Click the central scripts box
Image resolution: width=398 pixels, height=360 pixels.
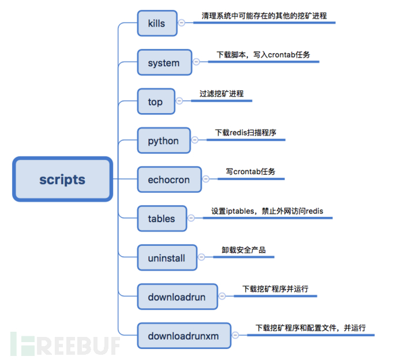point(62,179)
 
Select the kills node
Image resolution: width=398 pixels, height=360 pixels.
point(156,24)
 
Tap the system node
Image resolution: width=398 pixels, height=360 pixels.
point(164,62)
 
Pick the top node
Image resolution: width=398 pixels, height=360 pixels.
point(155,102)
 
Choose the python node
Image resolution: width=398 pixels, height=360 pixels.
point(164,141)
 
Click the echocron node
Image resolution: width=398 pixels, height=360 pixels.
point(168,179)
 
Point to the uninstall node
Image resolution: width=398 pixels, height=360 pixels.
point(167,258)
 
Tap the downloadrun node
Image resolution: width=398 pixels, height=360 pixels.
point(177,297)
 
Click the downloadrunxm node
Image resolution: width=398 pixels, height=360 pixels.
point(183,336)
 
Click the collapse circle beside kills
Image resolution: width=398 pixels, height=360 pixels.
point(181,23)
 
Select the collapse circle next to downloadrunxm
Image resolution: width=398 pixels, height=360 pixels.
point(235,335)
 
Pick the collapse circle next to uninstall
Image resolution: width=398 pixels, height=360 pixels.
point(201,257)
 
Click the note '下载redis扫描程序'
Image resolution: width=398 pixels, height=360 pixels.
point(245,133)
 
